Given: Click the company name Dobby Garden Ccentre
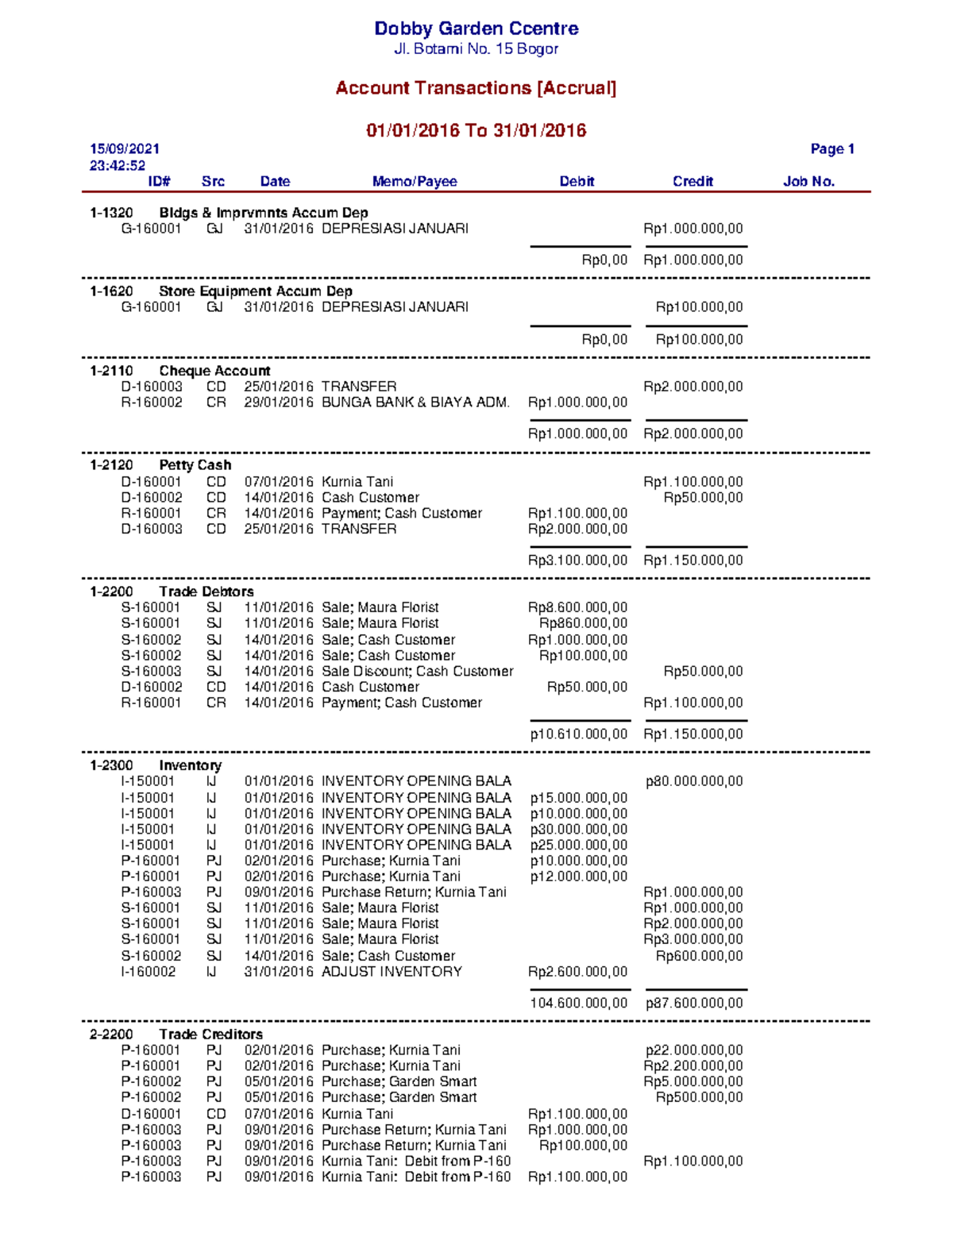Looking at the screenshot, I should pyautogui.click(x=476, y=29).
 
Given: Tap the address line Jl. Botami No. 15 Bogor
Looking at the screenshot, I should pyautogui.click(x=476, y=49).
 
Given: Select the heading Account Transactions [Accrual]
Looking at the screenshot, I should pyautogui.click(x=476, y=88).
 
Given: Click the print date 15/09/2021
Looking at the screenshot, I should pyautogui.click(x=125, y=149).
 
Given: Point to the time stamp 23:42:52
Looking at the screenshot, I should pyautogui.click(x=118, y=166).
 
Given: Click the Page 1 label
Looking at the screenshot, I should pyautogui.click(x=831, y=149).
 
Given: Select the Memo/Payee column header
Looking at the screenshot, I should pyautogui.click(x=415, y=182).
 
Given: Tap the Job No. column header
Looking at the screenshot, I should pyautogui.click(x=808, y=182).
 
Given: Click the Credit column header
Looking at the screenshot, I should pyautogui.click(x=693, y=182).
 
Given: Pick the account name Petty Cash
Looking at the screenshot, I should pyautogui.click(x=195, y=465).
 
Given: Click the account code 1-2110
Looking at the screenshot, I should pyautogui.click(x=111, y=371).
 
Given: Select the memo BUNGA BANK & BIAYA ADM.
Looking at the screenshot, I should pyautogui.click(x=415, y=403).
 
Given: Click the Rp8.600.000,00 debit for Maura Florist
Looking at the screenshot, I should pyautogui.click(x=577, y=607).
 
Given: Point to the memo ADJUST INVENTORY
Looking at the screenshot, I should pyautogui.click(x=392, y=972).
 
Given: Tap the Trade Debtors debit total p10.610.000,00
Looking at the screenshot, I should pyautogui.click(x=579, y=734).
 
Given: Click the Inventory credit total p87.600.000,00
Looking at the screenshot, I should pyautogui.click(x=694, y=1004).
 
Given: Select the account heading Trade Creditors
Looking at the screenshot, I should pyautogui.click(x=210, y=1035).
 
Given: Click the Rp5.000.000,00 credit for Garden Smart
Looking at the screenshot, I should pyautogui.click(x=693, y=1081).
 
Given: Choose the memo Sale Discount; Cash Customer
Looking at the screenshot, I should pyautogui.click(x=417, y=672).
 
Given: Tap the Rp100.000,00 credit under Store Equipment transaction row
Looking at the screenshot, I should pyautogui.click(x=699, y=307).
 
